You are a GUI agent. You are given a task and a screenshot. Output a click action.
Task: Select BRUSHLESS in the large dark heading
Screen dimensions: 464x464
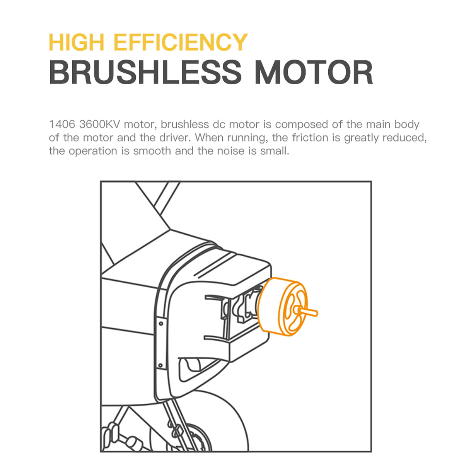(145, 72)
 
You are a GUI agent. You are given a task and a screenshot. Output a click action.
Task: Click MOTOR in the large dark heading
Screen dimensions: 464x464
(314, 72)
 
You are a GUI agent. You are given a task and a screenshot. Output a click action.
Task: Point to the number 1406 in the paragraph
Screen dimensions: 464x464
(62, 125)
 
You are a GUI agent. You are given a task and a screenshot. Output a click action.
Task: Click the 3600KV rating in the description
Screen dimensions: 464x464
(99, 125)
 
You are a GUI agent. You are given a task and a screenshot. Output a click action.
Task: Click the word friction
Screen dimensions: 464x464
(310, 138)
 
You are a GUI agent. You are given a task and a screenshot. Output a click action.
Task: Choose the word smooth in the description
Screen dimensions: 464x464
(152, 151)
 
